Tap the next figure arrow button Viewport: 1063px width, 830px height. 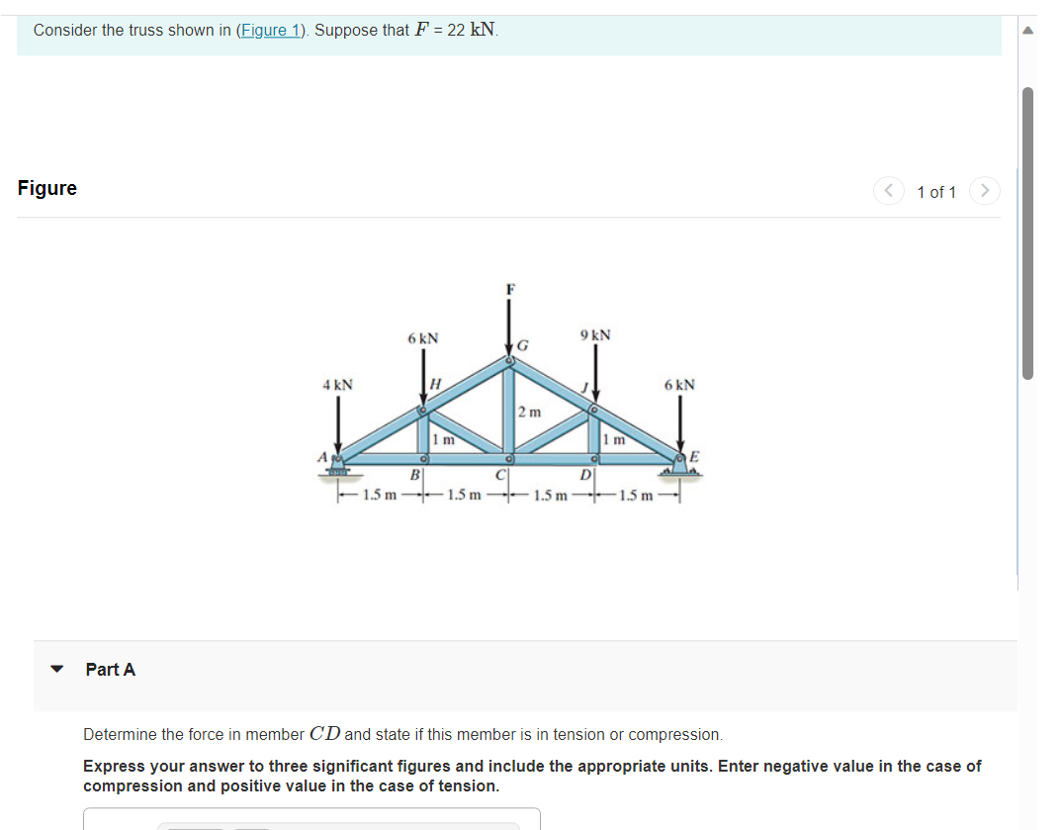tap(985, 191)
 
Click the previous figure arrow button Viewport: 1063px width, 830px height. tap(888, 191)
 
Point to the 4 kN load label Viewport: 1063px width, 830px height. tap(337, 385)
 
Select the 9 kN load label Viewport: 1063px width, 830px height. tap(595, 335)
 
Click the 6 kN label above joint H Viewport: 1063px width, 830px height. tap(422, 338)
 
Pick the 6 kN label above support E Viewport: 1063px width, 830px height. tap(679, 385)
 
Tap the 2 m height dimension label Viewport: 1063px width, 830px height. tap(530, 412)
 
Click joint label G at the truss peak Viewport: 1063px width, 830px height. tap(523, 346)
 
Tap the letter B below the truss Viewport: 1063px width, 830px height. tap(415, 477)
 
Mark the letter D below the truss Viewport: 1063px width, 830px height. tap(585, 477)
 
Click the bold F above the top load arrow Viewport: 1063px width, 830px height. tap(510, 290)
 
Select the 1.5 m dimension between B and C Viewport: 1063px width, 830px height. tap(464, 495)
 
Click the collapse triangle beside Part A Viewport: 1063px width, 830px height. tap(57, 670)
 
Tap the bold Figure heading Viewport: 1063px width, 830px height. tap(47, 188)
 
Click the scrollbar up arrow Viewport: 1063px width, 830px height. tap(1027, 30)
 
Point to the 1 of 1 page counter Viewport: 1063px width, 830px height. tap(936, 192)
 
